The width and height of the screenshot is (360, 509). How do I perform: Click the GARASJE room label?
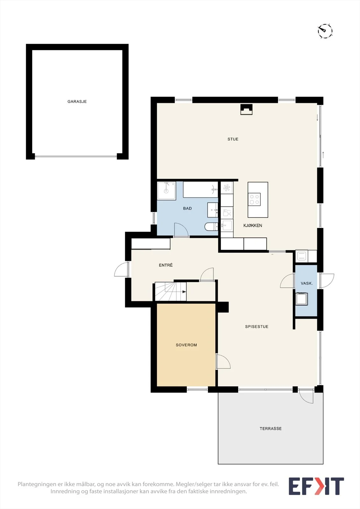[x=77, y=101]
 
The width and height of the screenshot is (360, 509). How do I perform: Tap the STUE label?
[x=233, y=139]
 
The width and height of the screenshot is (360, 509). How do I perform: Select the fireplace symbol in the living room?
[x=246, y=109]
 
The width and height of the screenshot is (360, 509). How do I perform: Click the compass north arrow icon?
[x=325, y=31]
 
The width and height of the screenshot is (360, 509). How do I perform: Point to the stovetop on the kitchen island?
[x=254, y=199]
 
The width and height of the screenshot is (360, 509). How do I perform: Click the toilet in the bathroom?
[x=211, y=226]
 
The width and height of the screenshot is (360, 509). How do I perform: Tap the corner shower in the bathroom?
[x=166, y=191]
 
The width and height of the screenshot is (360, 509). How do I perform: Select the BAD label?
[x=187, y=208]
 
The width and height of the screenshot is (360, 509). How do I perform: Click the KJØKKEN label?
[x=253, y=226]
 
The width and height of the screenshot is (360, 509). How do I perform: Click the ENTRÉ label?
[x=166, y=265]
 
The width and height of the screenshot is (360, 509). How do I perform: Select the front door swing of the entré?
[x=122, y=269]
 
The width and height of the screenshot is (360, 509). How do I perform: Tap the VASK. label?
[x=307, y=283]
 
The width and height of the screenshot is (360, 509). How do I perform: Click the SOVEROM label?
[x=186, y=345]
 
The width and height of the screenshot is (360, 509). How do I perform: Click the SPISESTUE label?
[x=257, y=326]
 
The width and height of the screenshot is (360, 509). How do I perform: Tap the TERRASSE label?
[x=271, y=429]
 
